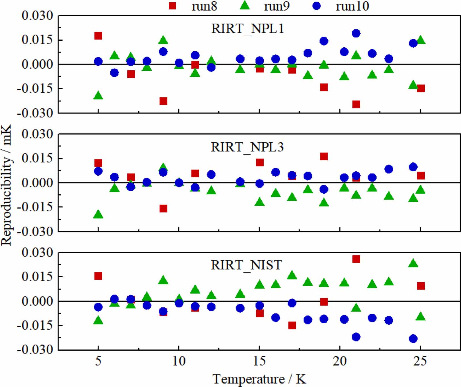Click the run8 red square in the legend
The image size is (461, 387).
pyautogui.click(x=172, y=5)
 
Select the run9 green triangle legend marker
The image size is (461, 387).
pyautogui.click(x=245, y=5)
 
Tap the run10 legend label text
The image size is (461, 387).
pyautogui.click(x=352, y=6)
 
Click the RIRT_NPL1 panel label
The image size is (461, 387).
pyautogui.click(x=247, y=29)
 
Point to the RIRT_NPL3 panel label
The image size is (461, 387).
pyautogui.click(x=247, y=147)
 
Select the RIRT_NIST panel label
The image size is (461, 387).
pyautogui.click(x=246, y=265)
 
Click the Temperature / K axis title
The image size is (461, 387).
pyautogui.click(x=259, y=379)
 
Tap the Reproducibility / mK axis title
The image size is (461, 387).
pyautogui.click(x=6, y=185)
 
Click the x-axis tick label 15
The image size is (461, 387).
pyautogui.click(x=259, y=361)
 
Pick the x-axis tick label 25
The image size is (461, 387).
pyautogui.click(x=420, y=361)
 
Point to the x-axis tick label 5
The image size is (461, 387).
pyautogui.click(x=98, y=361)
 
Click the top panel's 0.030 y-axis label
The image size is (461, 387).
pyautogui.click(x=37, y=16)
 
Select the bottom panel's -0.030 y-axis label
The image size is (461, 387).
pyautogui.click(x=35, y=350)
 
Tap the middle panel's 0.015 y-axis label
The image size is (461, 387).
pyautogui.click(x=37, y=158)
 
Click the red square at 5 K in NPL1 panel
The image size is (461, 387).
pyautogui.click(x=98, y=36)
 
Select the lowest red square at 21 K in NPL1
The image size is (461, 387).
pyautogui.click(x=356, y=104)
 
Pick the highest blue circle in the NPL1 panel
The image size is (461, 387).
pyautogui.click(x=356, y=33)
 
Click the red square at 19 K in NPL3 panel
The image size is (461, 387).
pyautogui.click(x=324, y=156)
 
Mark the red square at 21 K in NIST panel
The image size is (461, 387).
pyautogui.click(x=356, y=259)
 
